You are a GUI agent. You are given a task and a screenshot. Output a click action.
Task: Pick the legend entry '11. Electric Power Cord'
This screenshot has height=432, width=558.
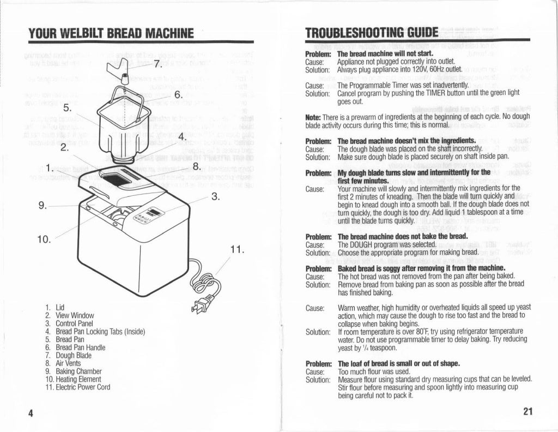(x=77, y=387)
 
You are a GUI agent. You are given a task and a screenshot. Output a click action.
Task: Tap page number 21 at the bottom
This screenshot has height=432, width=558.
(x=526, y=411)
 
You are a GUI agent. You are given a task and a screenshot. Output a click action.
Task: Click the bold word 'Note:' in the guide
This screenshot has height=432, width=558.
(x=316, y=117)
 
